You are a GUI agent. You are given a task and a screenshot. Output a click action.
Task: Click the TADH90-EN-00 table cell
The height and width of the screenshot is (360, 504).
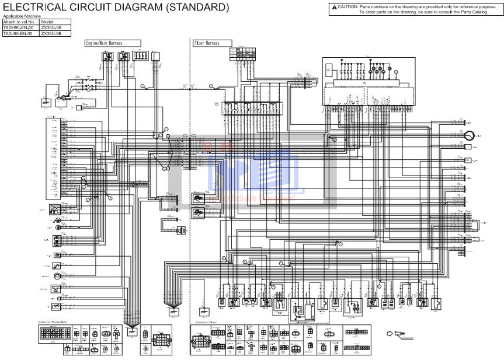tap(19, 28)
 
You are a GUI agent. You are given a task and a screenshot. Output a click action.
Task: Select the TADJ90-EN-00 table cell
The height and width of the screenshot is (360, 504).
tap(19, 33)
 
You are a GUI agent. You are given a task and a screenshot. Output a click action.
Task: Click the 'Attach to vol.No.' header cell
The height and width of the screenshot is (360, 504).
tap(19, 22)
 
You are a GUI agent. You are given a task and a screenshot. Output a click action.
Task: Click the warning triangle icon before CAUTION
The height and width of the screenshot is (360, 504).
tap(334, 6)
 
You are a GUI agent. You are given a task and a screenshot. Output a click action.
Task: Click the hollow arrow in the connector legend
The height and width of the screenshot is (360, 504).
tap(390, 334)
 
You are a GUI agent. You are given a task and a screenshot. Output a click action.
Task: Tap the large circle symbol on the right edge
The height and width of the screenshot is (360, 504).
tap(469, 136)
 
